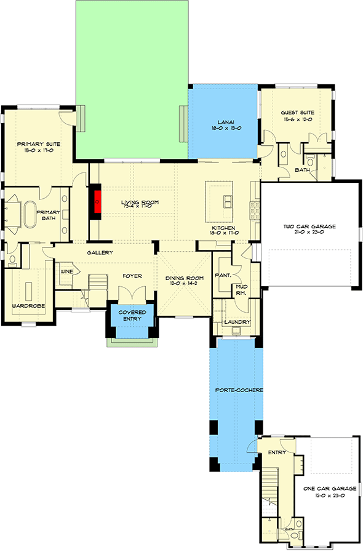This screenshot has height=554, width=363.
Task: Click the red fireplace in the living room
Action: [97, 201]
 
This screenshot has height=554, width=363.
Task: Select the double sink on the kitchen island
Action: [227, 201]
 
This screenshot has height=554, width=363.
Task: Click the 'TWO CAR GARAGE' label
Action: [309, 227]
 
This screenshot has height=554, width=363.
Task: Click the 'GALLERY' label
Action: [99, 253]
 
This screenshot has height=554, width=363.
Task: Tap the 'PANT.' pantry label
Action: [221, 276]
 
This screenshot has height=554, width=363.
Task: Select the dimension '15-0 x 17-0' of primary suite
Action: [39, 150]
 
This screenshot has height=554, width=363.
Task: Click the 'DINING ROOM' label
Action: [181, 278]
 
